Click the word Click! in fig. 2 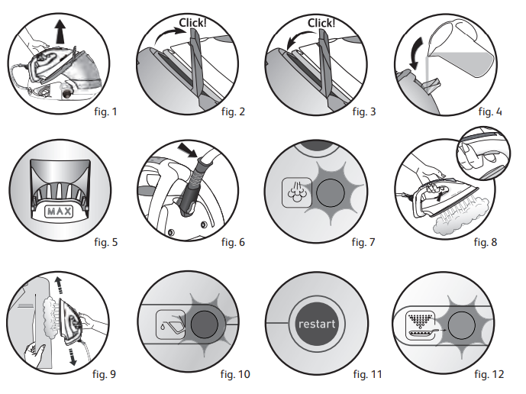pos(192,23)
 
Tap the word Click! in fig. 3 pos(321,23)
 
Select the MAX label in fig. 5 pos(59,212)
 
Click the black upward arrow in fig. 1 pos(60,31)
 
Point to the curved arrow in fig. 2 pos(169,36)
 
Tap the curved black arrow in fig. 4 pos(416,53)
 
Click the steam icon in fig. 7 pos(297,192)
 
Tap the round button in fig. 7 pos(331,192)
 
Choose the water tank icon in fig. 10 pos(171,325)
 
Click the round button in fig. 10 pos(205,325)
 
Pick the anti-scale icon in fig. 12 pos(421,325)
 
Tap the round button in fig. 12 pos(462,325)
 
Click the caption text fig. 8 pos(486,242)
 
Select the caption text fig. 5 pos(106,242)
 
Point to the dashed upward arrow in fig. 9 pos(59,286)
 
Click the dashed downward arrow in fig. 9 pos(73,357)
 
